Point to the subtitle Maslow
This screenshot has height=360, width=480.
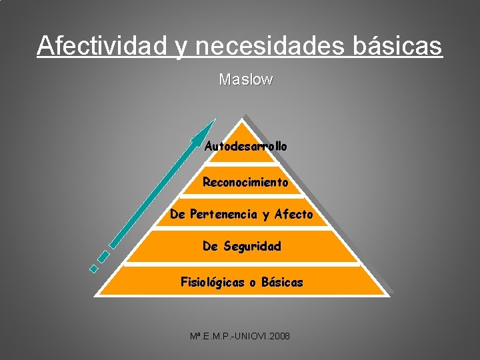coord(246,79)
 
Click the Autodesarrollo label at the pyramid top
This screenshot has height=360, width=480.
coord(246,146)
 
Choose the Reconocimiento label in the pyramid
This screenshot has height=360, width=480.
coord(245,182)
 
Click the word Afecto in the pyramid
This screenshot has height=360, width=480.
coord(293,215)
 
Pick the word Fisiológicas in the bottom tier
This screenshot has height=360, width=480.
coord(213,283)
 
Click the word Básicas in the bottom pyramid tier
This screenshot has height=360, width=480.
coord(282,283)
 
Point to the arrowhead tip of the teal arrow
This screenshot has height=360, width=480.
coord(215,120)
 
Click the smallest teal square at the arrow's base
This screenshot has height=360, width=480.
coord(94,268)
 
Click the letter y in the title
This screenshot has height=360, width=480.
coord(181,47)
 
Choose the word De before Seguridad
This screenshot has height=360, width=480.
coord(210,247)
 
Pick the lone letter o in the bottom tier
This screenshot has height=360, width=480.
coord(253,283)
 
